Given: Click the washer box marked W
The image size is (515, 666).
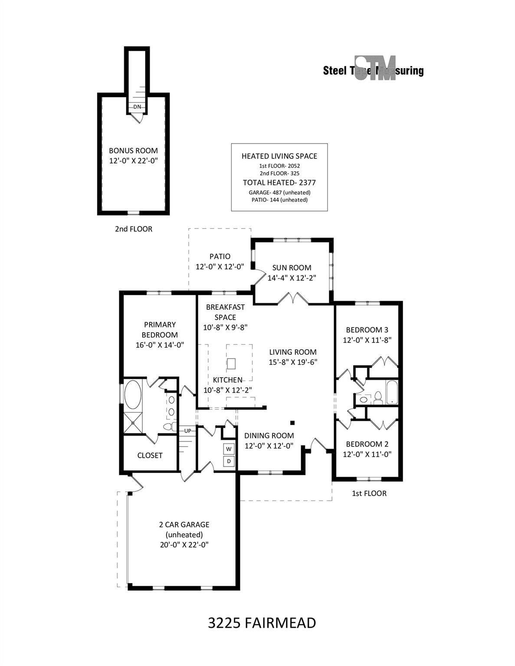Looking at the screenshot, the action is (x=229, y=449).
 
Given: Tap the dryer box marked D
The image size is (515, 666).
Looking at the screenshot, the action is (x=229, y=461).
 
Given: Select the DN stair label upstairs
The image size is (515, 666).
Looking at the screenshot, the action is (x=137, y=107).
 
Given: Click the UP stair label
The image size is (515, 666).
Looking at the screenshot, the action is (x=187, y=431).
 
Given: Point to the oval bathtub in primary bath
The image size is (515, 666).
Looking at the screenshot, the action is (x=133, y=395).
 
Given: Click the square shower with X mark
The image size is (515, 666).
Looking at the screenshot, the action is (x=133, y=423).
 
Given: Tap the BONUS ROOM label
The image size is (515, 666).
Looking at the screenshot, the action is (x=133, y=151).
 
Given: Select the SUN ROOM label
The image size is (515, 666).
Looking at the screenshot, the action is (x=292, y=268).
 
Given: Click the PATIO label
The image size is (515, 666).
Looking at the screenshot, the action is (x=220, y=256).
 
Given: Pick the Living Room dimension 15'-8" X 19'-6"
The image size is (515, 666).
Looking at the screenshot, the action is (x=293, y=362).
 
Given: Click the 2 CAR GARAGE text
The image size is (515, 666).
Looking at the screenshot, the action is (x=184, y=524).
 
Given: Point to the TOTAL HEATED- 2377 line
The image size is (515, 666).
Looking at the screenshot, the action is (x=279, y=183).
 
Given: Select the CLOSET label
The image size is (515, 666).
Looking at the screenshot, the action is (x=150, y=455).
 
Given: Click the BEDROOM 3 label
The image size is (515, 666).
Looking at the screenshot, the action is (x=367, y=330).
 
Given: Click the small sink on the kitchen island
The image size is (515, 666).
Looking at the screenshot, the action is (x=231, y=364).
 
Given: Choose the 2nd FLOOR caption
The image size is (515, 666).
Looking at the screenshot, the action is (x=134, y=229).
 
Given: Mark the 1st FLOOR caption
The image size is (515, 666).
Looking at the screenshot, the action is (x=369, y=493).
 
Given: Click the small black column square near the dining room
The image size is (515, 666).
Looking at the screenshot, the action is (x=292, y=423).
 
